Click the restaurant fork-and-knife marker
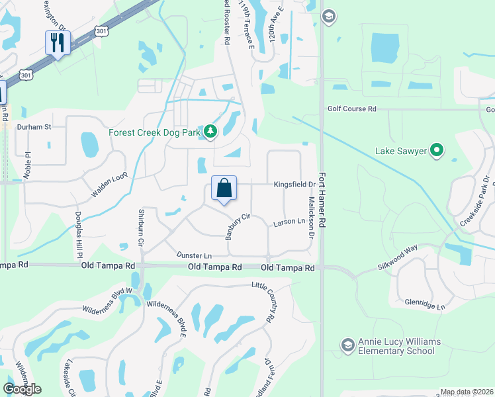(58, 43)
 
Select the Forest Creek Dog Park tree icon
(210, 132)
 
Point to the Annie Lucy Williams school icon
(347, 345)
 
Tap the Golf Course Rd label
(351, 109)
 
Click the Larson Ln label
(289, 224)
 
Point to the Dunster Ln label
(194, 255)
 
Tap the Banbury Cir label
(238, 226)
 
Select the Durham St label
(34, 126)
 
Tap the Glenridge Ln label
(426, 303)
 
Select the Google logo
(22, 389)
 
